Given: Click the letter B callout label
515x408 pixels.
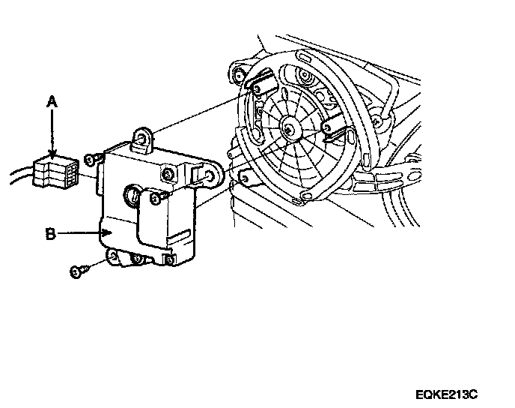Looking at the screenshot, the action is (x=50, y=234).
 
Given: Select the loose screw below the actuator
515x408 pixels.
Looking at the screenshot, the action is (x=77, y=271).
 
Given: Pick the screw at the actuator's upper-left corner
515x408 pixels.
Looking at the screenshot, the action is (x=91, y=159).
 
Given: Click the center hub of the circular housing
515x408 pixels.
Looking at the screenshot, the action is (x=289, y=130).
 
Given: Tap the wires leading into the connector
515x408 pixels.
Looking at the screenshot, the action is (x=19, y=177).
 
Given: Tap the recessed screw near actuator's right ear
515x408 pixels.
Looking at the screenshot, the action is (x=169, y=175).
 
